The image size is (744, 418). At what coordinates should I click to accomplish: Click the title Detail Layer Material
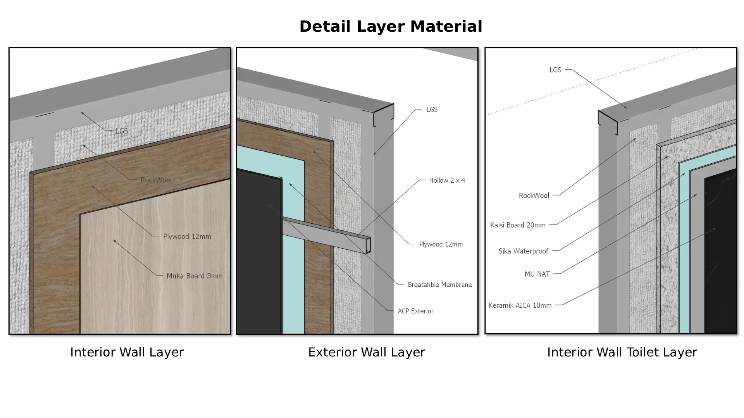391,27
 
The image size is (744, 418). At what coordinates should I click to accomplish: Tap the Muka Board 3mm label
195,276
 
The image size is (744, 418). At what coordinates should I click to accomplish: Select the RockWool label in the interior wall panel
156,180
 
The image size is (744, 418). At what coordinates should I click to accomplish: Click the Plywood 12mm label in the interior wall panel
187,236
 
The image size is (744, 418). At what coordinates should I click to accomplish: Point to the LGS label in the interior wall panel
122,131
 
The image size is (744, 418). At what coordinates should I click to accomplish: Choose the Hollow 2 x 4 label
447,180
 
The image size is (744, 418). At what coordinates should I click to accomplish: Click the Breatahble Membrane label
440,285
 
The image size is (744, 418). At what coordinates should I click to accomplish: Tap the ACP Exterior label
415,311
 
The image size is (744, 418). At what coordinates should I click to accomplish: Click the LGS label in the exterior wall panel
432,110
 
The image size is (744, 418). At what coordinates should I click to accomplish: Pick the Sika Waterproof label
523,251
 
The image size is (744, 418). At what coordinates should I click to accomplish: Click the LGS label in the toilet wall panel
555,70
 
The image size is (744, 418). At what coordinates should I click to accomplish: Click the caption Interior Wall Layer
127,353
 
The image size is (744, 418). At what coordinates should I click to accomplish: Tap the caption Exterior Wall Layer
367,353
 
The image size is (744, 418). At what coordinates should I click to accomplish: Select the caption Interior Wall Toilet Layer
622,353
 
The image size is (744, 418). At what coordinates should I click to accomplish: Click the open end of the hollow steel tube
368,245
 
